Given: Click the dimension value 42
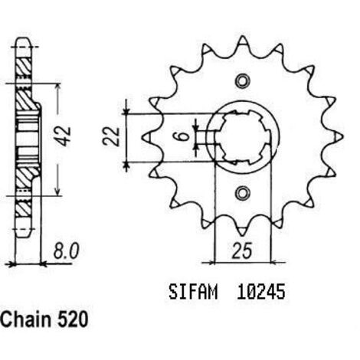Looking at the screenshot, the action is point(64,136).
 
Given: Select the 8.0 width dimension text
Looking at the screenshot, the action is point(66,251).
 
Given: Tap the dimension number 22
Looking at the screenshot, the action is point(111,136).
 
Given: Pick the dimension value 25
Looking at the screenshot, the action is point(242,250).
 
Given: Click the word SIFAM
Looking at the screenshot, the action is point(193,292).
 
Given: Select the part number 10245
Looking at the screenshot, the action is point(260,292).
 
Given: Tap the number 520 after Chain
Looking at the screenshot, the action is point(73,319).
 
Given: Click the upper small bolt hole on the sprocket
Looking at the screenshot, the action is point(242,81).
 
